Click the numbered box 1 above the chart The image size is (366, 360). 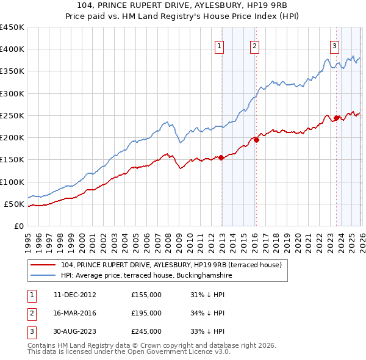[219, 45]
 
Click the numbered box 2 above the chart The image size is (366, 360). [254, 45]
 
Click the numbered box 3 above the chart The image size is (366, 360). [335, 45]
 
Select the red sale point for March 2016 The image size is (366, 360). [256, 140]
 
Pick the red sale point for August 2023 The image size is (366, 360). [336, 118]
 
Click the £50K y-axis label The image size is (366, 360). [15, 204]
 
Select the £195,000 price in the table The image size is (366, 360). [146, 313]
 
